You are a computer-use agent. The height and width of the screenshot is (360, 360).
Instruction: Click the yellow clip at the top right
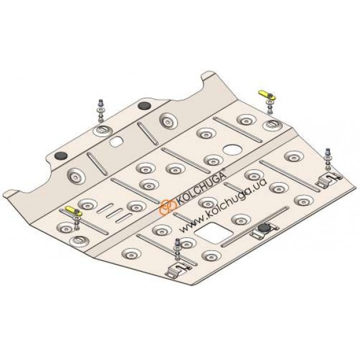coord(267,94)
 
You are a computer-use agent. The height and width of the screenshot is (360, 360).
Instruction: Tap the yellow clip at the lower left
coord(73,211)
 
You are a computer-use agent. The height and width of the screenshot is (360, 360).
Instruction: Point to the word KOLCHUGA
coord(200,188)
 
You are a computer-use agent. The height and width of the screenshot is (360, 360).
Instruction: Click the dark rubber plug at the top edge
coord(145,106)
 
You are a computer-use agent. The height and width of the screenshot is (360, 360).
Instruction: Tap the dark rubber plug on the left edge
coord(61,155)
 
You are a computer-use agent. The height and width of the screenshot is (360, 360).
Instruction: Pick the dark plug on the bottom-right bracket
coord(264,228)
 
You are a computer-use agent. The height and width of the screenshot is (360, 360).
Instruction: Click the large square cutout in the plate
coord(214,233)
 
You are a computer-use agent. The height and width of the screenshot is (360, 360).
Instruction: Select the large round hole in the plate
coord(233,150)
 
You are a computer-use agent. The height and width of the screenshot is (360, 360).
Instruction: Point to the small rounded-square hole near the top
coord(116,142)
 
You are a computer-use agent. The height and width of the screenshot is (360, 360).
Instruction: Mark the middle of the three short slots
coord(115,213)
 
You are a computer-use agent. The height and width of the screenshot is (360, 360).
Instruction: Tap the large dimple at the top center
coord(168,121)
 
